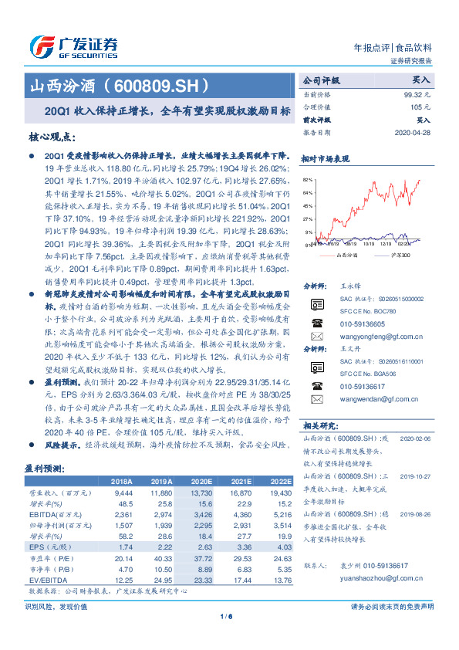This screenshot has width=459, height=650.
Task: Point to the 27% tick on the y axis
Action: pyautogui.click(x=309, y=218)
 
